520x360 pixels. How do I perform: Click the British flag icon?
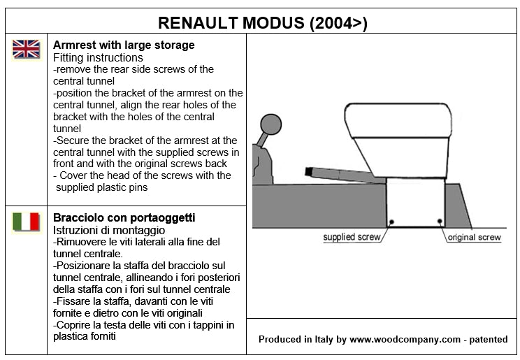pos(27,49)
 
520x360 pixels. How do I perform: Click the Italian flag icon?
pos(27,222)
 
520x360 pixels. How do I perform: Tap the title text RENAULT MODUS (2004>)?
pos(263,22)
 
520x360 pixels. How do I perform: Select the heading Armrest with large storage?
pos(124,45)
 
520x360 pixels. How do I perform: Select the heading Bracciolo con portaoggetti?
pos(124,217)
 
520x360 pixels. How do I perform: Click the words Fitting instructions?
pos(98,57)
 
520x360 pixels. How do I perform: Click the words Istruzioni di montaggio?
pos(108,229)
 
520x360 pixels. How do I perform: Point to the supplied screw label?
pos(352,237)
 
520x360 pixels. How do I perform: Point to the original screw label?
pos(474,237)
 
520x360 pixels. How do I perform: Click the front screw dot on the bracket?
pos(392,222)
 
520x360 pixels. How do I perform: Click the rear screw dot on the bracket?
pos(439,222)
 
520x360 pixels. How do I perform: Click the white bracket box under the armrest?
pos(416,203)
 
